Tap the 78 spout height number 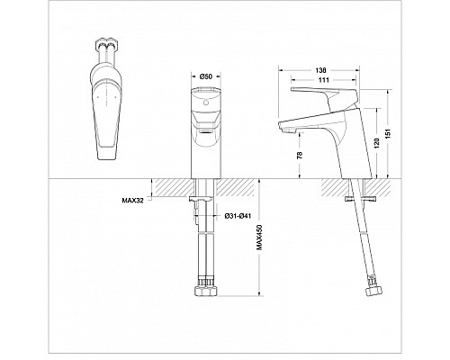(x=300, y=154)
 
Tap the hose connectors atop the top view (x=105, y=49)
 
